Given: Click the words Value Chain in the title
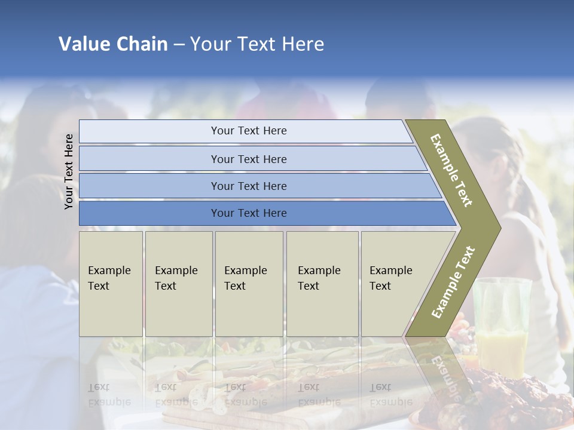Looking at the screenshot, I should pos(113,44).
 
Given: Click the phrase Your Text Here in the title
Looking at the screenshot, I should pos(257,44).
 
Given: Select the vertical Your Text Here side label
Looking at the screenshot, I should pos(69,171).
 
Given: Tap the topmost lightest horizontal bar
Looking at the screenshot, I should pos(149,131).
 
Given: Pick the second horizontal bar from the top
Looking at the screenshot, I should pos(149,159).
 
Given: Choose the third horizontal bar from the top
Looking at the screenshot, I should pos(149,186).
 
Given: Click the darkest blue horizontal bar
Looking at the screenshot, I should pos(149,213).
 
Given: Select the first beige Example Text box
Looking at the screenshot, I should pos(111,284).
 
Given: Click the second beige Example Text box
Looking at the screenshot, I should pos(179,284).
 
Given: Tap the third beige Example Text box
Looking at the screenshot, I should pos(249,284).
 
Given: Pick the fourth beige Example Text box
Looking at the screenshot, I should pos(322,284).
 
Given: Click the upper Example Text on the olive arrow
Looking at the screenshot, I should pos(451,170).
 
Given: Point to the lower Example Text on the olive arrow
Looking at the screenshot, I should pos(453,282).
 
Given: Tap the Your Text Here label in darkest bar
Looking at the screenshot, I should pos(249,213).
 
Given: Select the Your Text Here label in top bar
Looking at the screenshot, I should pos(249,131).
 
